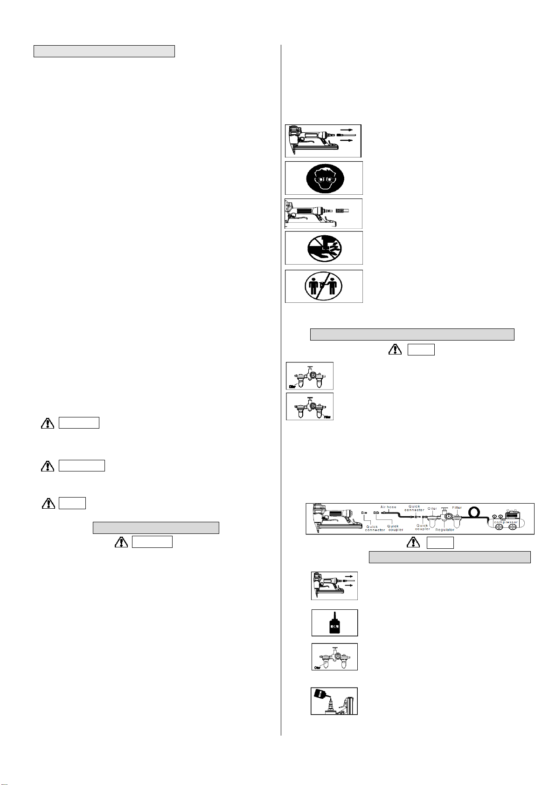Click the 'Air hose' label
pyautogui.click(x=388, y=507)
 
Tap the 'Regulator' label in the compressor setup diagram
pyautogui.click(x=445, y=530)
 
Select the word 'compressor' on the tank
pyautogui.click(x=506, y=522)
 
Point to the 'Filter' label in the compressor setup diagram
pyautogui.click(x=457, y=508)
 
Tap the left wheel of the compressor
pyautogui.click(x=498, y=528)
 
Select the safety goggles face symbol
pyautogui.click(x=324, y=178)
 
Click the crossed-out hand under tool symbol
pyautogui.click(x=324, y=248)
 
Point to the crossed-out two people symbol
pyautogui.click(x=324, y=286)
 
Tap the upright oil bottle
pyautogui.click(x=334, y=623)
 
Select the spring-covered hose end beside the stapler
pyautogui.click(x=342, y=211)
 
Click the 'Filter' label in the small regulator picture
pyautogui.click(x=327, y=417)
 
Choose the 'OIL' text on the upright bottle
pyautogui.click(x=334, y=627)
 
